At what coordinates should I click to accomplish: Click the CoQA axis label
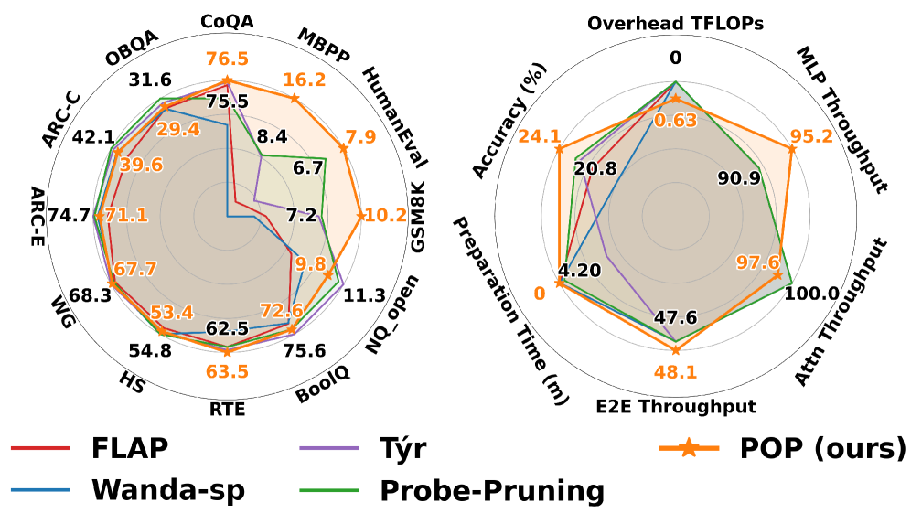point(229,21)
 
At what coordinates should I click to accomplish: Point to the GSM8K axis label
point(420,219)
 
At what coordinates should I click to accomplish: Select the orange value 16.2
point(305,80)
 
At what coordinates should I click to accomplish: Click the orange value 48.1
point(676,372)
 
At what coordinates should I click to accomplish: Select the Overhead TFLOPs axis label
point(676,21)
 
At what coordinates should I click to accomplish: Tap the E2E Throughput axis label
point(676,404)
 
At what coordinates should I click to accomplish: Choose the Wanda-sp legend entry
point(168,490)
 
